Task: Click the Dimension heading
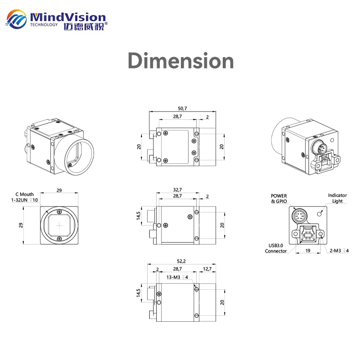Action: point(181,61)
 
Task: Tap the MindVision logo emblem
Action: point(16,19)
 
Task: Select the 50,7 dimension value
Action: point(182,108)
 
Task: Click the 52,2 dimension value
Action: point(181,261)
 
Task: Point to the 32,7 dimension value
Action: point(177,190)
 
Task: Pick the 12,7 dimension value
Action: point(207,269)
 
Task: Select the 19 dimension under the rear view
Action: point(308,251)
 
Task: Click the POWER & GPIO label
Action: point(279,198)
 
